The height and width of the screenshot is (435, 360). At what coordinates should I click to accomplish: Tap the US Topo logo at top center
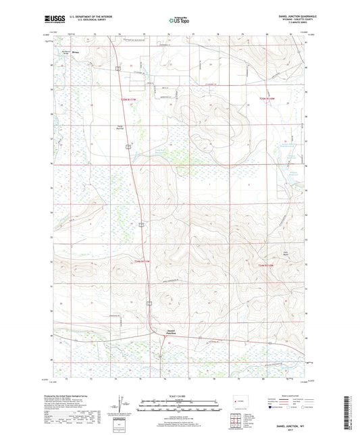179,22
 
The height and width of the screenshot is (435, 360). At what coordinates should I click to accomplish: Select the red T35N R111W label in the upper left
128,100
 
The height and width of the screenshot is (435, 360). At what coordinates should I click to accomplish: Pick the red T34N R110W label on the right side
268,266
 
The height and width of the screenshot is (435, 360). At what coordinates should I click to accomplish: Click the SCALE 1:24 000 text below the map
180,395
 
